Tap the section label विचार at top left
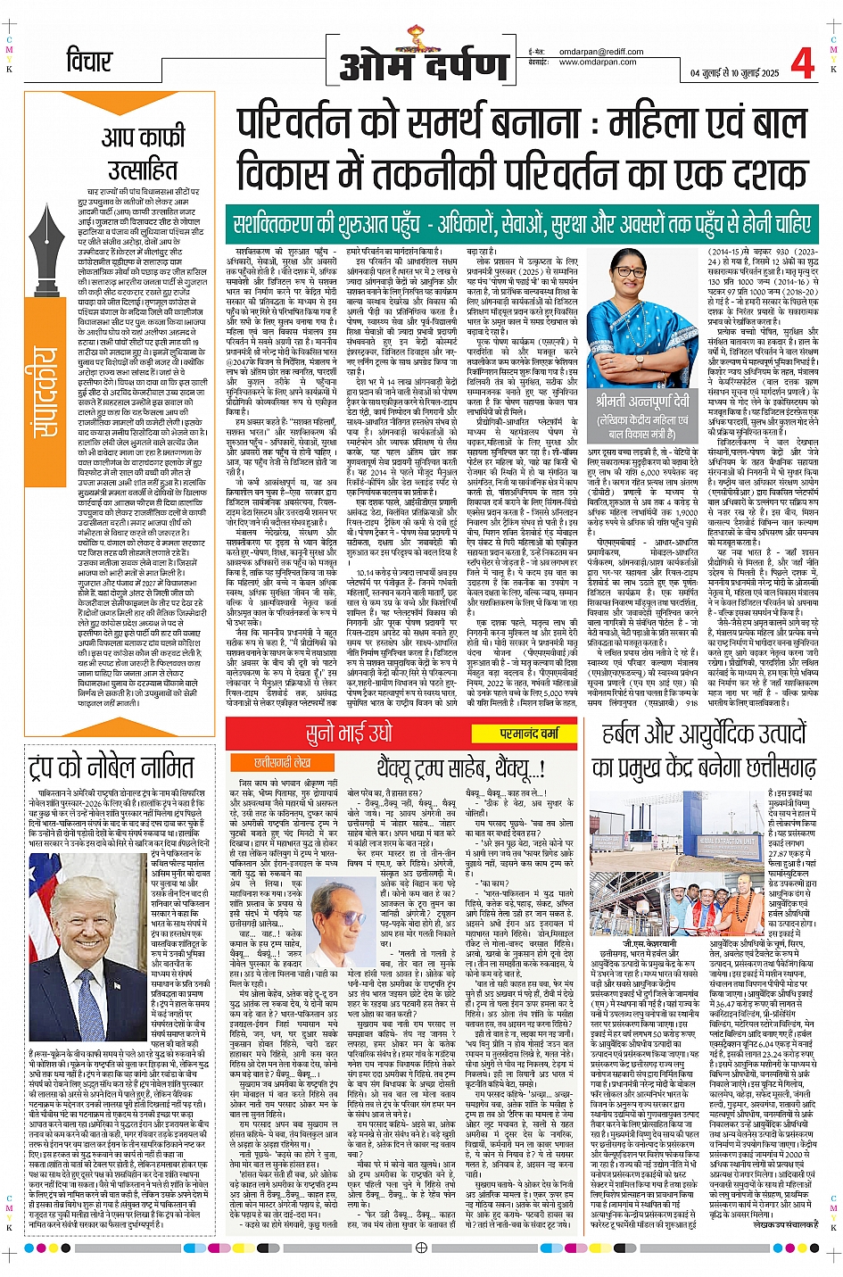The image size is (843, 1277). pos(89,62)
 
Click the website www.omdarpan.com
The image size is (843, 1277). pos(597,62)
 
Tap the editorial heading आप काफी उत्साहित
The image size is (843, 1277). pos(142,153)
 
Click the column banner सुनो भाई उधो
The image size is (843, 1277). pos(349,734)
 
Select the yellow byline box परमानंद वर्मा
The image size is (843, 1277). pos(528,734)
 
